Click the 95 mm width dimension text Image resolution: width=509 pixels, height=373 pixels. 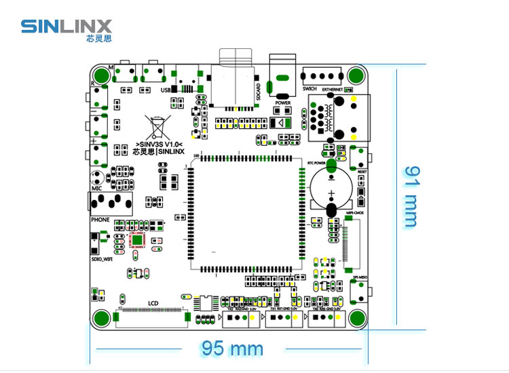[232, 349]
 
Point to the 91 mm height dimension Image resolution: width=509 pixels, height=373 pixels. [409, 197]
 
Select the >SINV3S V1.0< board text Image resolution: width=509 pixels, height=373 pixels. [159, 144]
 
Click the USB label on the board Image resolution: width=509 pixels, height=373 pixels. [165, 90]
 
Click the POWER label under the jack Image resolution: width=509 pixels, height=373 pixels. [283, 103]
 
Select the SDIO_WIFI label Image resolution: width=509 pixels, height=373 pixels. [101, 258]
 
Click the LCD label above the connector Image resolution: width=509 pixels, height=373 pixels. [153, 305]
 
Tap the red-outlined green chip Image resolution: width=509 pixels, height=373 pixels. [137, 239]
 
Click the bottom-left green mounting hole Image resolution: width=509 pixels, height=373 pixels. [102, 317]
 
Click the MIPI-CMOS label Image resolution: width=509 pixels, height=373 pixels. [355, 213]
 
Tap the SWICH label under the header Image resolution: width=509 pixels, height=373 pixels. [309, 89]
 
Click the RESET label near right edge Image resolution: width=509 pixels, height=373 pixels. [362, 172]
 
